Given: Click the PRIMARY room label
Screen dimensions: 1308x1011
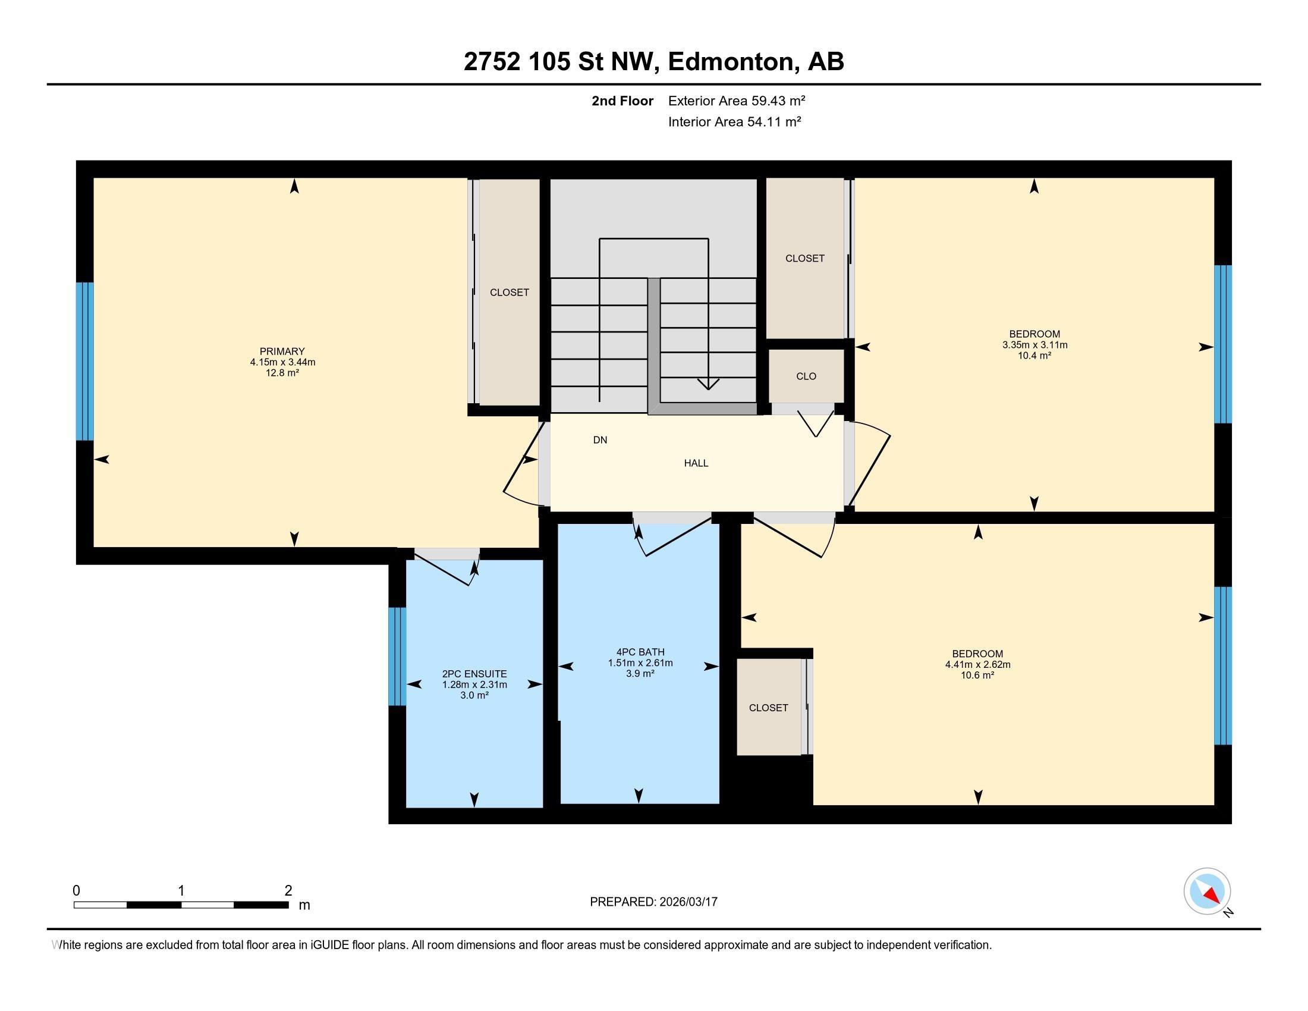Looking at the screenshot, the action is (x=282, y=351).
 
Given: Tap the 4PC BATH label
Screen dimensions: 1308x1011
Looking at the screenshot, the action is (x=640, y=652).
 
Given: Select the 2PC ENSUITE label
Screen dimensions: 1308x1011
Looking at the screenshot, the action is (x=474, y=674).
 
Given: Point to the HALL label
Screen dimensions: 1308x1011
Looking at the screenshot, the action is (x=696, y=463).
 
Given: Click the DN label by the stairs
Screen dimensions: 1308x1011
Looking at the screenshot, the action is (x=600, y=440).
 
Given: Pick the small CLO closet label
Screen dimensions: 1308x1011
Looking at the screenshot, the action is (x=806, y=376).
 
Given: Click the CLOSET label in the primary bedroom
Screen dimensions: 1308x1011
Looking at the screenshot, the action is (x=510, y=292).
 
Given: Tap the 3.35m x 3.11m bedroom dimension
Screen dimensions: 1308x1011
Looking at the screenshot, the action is (x=1035, y=345).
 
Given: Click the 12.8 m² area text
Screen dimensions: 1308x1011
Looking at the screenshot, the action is (x=282, y=372).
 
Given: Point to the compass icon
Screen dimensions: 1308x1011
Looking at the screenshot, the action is (x=1208, y=891).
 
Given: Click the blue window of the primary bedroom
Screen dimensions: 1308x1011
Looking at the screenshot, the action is (x=85, y=361).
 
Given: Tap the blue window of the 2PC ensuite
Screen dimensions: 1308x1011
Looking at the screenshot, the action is (x=397, y=657).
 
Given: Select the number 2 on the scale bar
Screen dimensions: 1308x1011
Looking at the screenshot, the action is (x=288, y=890).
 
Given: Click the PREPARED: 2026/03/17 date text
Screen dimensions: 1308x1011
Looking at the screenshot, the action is (x=653, y=902).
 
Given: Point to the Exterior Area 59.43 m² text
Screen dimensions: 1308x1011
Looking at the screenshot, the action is (x=737, y=101).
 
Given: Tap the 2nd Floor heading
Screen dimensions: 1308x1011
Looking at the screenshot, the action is (x=622, y=101).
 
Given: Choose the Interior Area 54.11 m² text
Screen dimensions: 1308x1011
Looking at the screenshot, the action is (x=735, y=122).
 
